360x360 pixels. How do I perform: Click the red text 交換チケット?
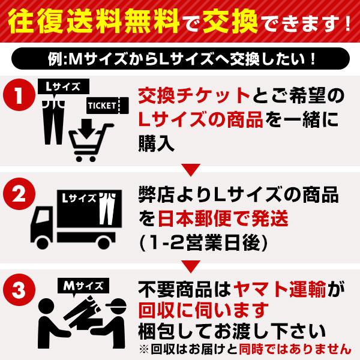[x=193, y=95]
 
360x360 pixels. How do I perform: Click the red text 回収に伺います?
[x=203, y=311]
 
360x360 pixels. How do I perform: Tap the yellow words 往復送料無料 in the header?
[x=88, y=24]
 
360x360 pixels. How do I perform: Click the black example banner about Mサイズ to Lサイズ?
[x=180, y=60]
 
